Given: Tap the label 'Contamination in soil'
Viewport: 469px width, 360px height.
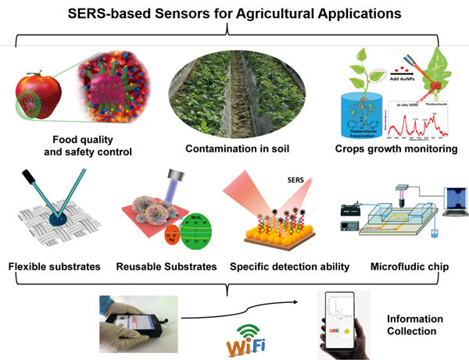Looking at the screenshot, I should pyautogui.click(x=234, y=148).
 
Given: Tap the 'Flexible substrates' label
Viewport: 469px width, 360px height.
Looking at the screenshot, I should pyautogui.click(x=54, y=267).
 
